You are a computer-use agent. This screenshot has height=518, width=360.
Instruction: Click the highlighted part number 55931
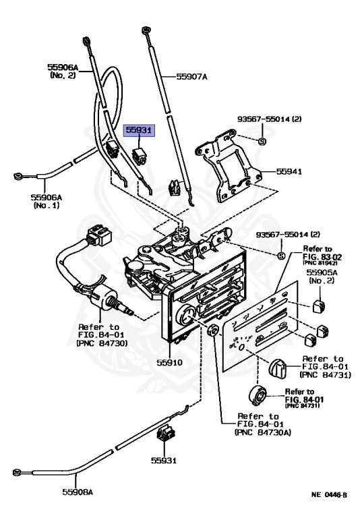pos(139,131)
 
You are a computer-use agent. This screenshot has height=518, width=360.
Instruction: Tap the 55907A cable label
pos(191,77)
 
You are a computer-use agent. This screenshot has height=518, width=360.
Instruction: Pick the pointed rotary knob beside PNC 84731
pos(277,368)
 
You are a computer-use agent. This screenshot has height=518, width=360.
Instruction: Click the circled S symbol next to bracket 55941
pos(263,141)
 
